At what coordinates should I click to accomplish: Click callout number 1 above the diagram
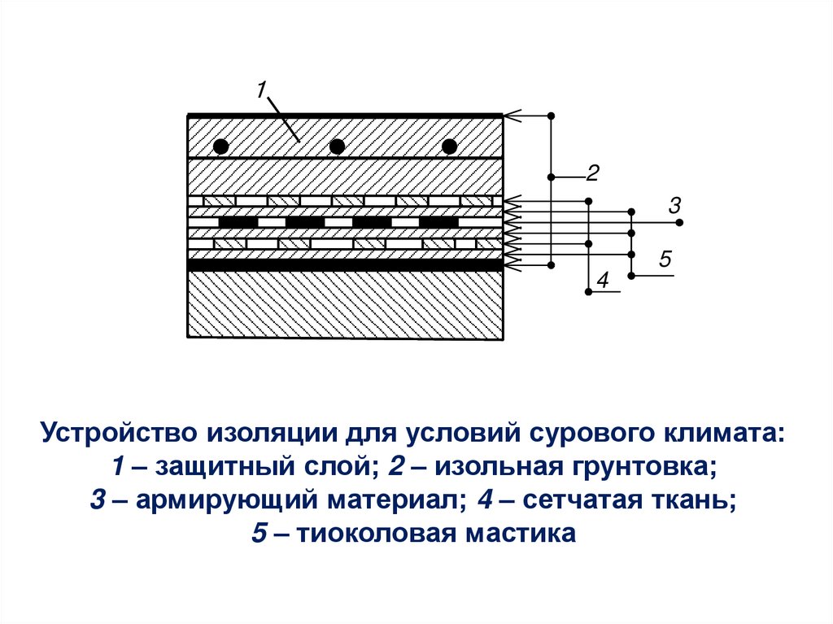pyautogui.click(x=261, y=89)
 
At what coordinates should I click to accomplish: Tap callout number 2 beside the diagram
pyautogui.click(x=592, y=172)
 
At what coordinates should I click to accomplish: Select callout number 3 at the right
pyautogui.click(x=674, y=204)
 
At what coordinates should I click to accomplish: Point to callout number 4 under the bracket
pyautogui.click(x=603, y=281)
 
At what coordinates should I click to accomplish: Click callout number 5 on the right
pyautogui.click(x=665, y=260)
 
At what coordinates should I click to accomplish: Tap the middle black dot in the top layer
pyautogui.click(x=336, y=146)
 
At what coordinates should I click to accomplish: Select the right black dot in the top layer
pyautogui.click(x=449, y=146)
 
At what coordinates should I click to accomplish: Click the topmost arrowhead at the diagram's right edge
pyautogui.click(x=509, y=116)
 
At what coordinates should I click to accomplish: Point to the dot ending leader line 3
pyautogui.click(x=680, y=222)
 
